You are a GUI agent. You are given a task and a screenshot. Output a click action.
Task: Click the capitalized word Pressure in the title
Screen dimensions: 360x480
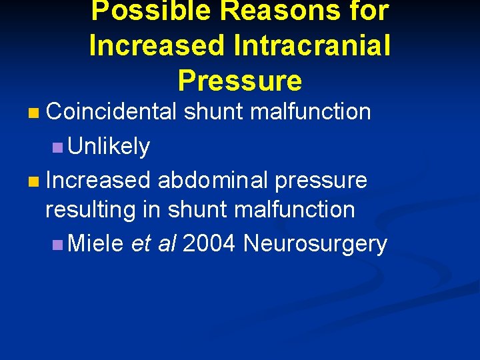click(240, 81)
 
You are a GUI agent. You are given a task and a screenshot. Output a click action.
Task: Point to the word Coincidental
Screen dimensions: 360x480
click(112, 111)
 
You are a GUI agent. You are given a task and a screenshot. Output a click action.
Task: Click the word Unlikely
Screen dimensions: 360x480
click(109, 146)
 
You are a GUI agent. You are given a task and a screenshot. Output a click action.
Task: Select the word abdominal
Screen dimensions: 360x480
click(213, 180)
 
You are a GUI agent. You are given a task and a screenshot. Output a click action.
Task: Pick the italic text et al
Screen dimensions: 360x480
click(153, 244)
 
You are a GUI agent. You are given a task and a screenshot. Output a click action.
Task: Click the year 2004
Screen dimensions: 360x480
click(209, 244)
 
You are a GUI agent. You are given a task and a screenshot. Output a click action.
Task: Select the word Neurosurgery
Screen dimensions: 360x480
click(315, 244)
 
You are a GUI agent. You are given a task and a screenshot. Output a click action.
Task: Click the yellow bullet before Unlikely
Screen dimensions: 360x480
click(57, 147)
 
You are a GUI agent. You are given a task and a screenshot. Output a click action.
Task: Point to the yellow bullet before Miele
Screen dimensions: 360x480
click(57, 245)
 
